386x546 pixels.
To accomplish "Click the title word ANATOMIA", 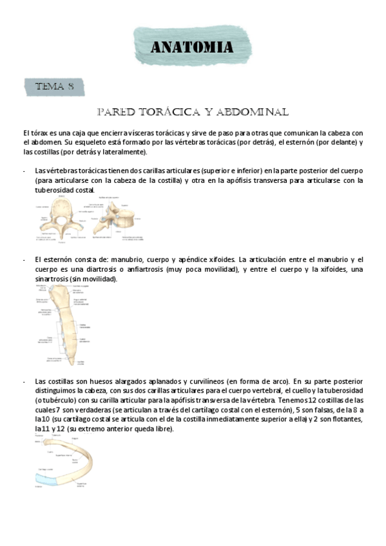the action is pyautogui.click(x=192, y=47).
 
